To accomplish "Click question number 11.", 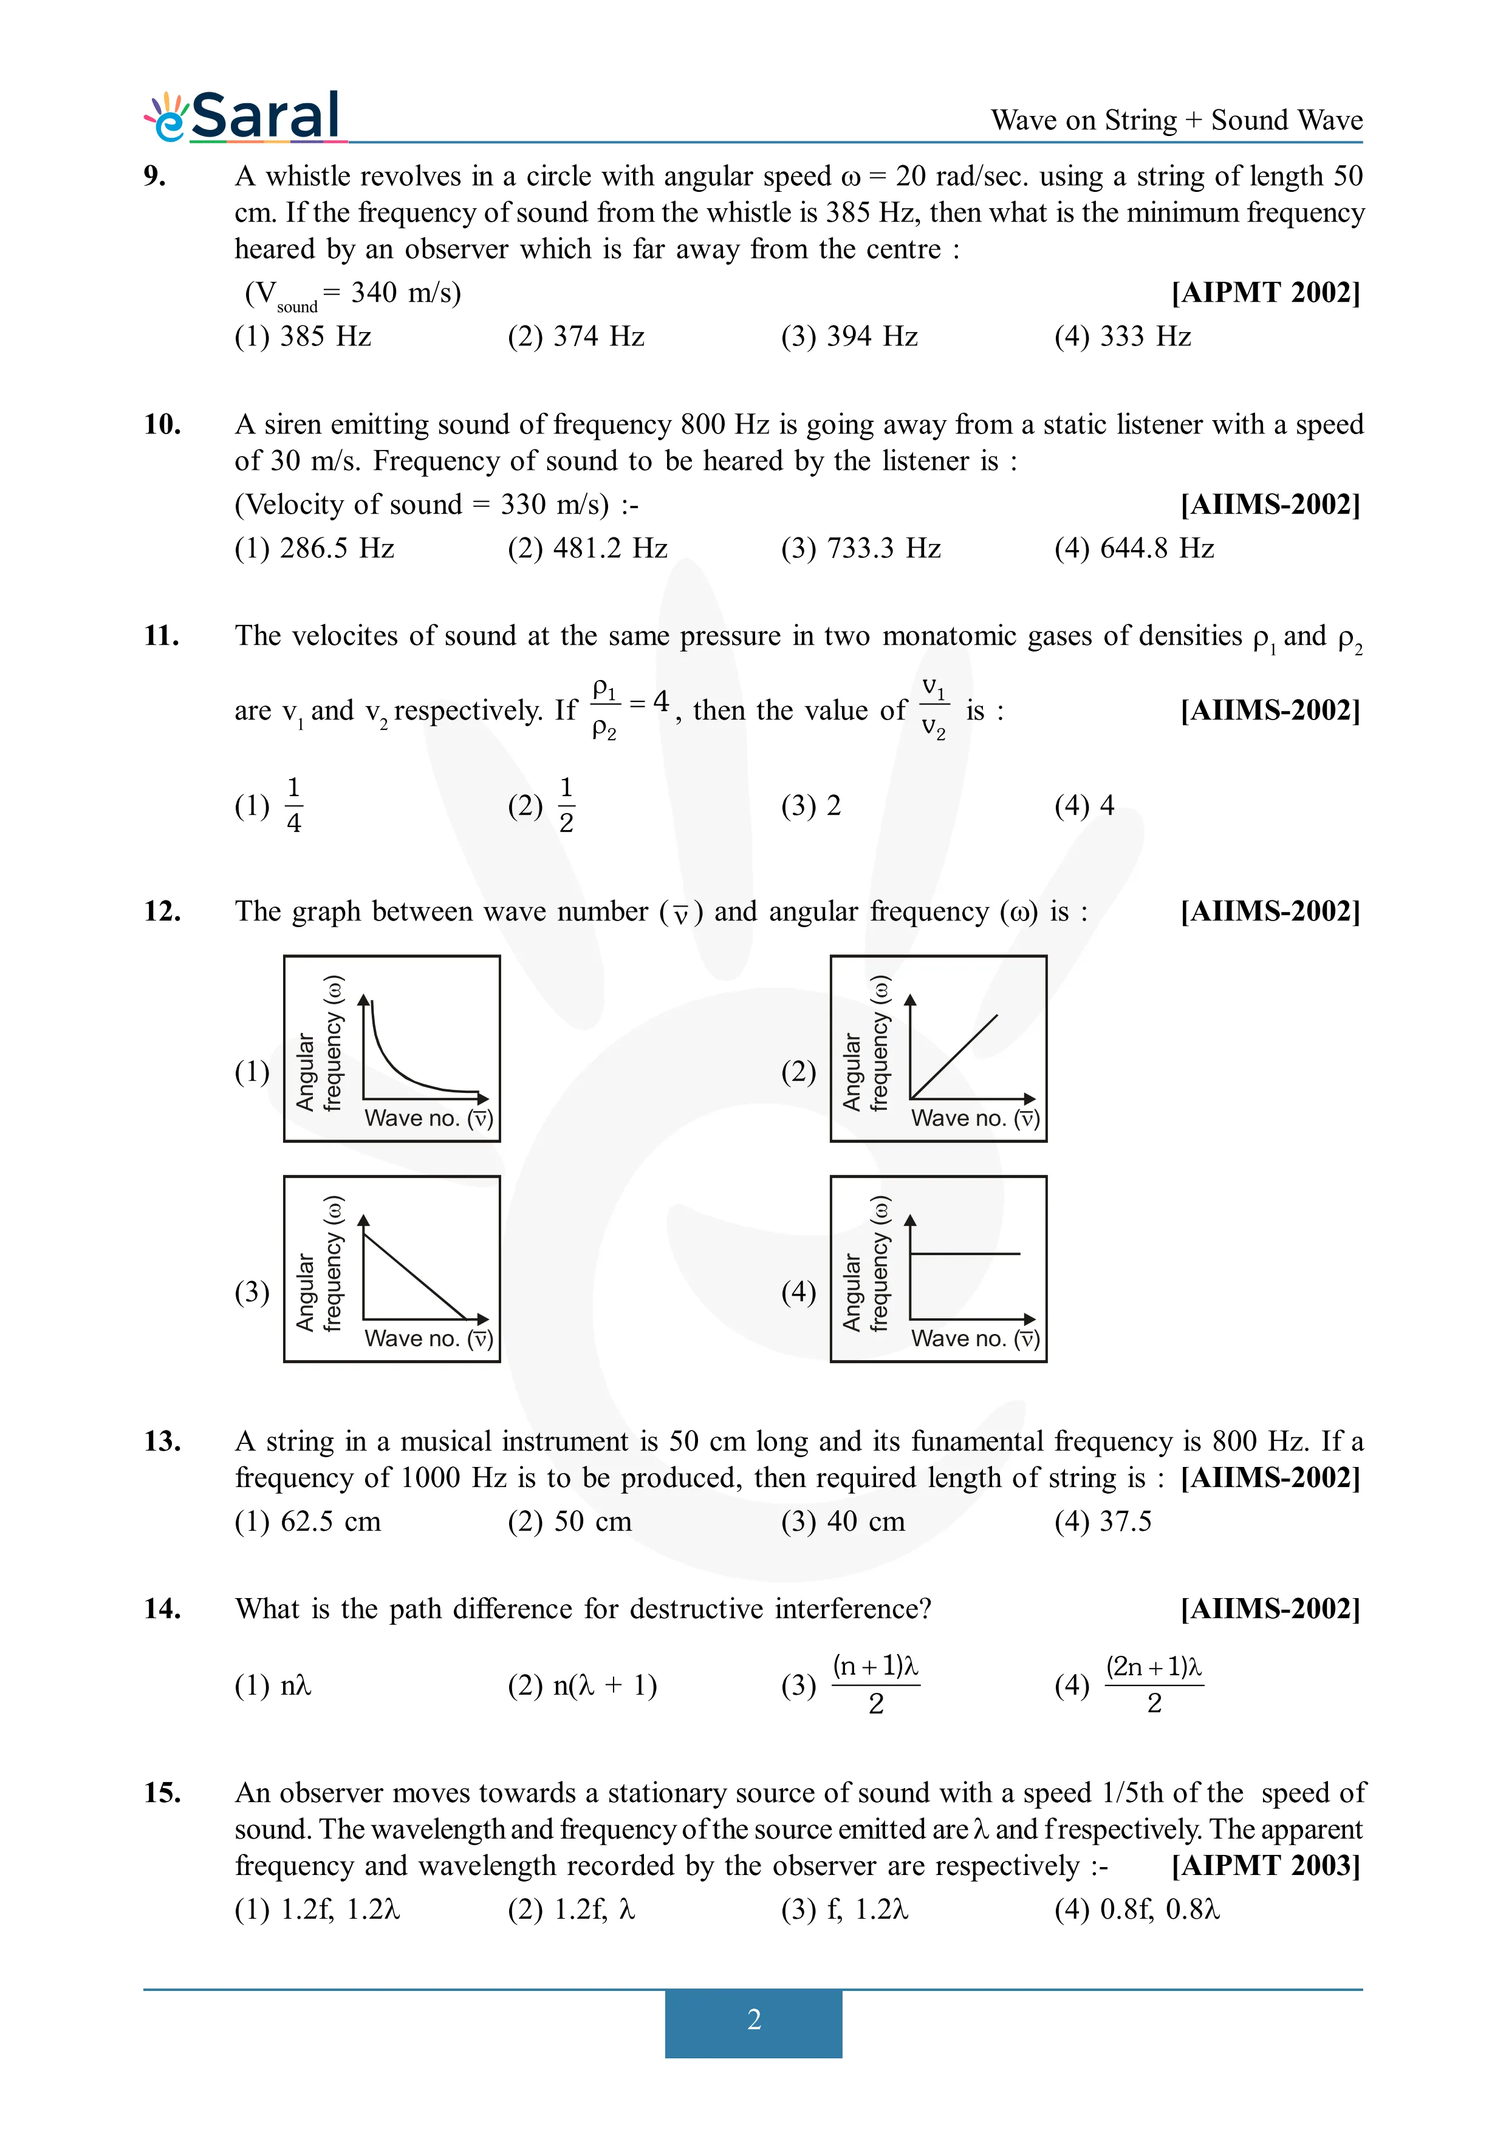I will click(x=162, y=636).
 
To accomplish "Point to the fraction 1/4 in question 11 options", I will click(x=293, y=805).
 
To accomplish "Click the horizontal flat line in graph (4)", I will click(x=965, y=1253).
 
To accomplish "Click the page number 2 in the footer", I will click(x=753, y=2019).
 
